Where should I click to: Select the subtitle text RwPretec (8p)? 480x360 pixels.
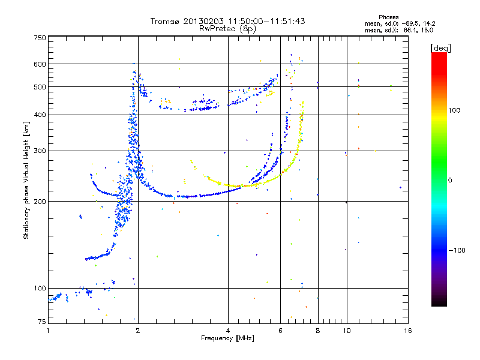pos(227,29)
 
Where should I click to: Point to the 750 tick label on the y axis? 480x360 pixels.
pos(40,38)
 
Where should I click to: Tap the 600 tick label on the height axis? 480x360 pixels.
pos(40,64)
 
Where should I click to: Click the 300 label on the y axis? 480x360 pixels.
pos(40,151)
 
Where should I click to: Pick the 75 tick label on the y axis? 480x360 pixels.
pos(42,322)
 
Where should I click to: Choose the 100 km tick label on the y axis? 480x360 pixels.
pos(40,288)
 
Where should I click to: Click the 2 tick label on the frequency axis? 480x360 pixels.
pos(138,331)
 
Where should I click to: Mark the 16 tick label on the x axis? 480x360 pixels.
pos(408,331)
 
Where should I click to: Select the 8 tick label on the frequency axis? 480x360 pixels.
pos(318,331)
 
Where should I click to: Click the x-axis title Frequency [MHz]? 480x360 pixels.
pos(227,338)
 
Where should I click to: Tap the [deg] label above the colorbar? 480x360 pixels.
pos(440,48)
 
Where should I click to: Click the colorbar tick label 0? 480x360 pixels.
pos(450,181)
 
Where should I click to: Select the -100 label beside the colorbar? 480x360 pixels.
pos(457,250)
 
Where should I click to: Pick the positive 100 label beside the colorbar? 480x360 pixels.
pos(454,110)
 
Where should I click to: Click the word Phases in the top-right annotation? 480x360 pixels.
pos(388,17)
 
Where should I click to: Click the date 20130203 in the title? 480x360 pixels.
pos(203,21)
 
